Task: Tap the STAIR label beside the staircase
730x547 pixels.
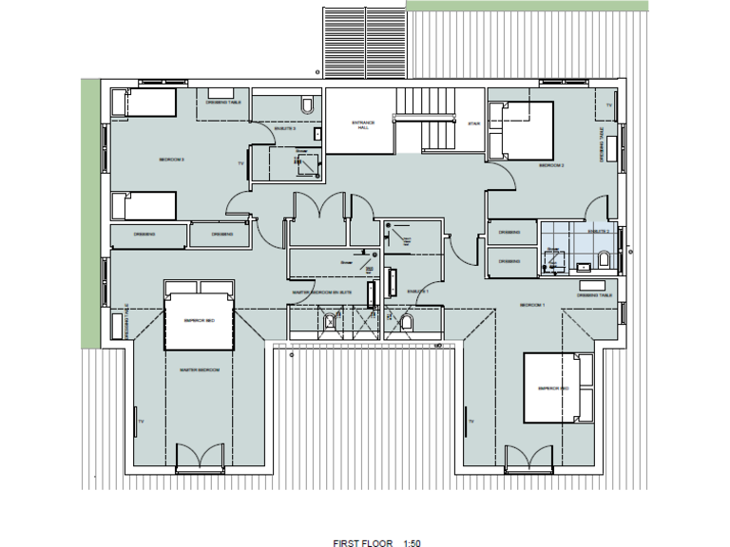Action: [x=473, y=123]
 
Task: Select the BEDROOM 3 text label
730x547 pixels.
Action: [x=171, y=160]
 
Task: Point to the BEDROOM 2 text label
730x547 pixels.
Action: [x=551, y=165]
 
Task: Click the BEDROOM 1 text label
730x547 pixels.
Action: [x=531, y=305]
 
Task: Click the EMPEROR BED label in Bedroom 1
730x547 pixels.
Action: [x=552, y=387]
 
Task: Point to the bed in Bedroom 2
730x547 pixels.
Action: [x=521, y=130]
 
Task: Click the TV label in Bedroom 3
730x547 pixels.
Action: [x=240, y=163]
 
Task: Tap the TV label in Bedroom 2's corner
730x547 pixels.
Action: [x=608, y=106]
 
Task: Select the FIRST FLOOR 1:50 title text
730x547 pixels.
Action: [x=375, y=542]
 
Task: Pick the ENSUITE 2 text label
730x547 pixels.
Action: [x=597, y=231]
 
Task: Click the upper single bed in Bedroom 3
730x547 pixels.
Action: [x=144, y=103]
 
